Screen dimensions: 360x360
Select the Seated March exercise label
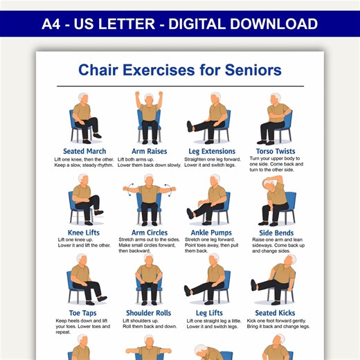(x=84, y=151)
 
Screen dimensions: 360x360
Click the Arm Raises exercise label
(x=148, y=151)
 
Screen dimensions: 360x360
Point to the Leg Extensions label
(x=212, y=151)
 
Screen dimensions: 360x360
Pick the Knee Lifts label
(x=84, y=233)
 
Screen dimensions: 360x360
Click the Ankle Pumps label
(x=210, y=233)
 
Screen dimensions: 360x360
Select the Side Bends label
(x=276, y=233)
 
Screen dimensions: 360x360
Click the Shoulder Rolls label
(x=148, y=314)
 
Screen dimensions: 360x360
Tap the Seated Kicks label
(x=275, y=314)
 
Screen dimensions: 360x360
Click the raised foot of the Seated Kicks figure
(x=254, y=285)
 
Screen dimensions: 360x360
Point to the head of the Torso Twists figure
(x=277, y=99)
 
